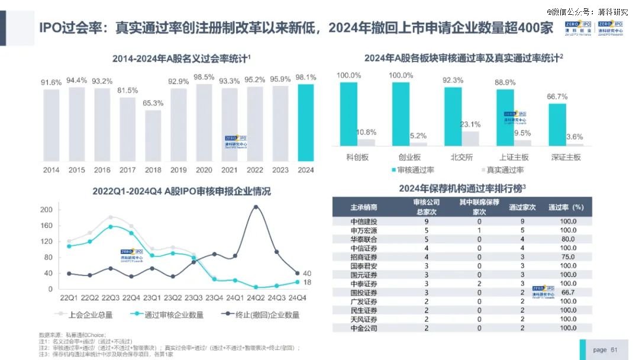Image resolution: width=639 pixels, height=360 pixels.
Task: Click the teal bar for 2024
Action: [x=305, y=122]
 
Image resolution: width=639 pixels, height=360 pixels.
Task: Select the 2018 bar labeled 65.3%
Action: [x=153, y=136]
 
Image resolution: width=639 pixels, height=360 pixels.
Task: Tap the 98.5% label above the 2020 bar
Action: [x=204, y=77]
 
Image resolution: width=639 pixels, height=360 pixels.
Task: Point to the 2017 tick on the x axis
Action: [x=128, y=170]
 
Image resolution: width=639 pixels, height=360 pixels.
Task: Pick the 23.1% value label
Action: [x=470, y=124]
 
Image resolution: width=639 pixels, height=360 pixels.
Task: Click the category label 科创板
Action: [x=357, y=157]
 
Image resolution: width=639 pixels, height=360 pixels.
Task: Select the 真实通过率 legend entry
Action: [x=502, y=170]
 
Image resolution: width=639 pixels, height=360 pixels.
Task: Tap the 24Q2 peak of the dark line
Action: [x=256, y=207]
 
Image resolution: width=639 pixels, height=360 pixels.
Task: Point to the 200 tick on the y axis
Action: [x=47, y=210]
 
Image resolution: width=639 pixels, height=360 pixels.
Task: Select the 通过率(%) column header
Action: [x=566, y=207]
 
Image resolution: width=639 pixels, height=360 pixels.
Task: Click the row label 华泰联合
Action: [x=364, y=239]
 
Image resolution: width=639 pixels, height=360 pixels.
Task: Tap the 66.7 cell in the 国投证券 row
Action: [x=568, y=292]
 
